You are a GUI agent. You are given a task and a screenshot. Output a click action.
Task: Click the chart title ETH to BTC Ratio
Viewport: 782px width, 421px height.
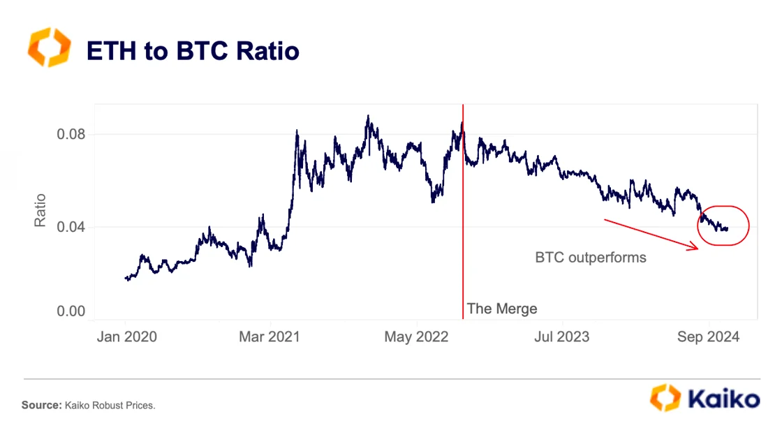(x=192, y=50)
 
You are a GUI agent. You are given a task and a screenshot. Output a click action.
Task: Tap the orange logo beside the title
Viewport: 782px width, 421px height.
(x=49, y=47)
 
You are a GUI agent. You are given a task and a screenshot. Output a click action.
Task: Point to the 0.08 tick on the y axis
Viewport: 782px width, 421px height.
(x=71, y=134)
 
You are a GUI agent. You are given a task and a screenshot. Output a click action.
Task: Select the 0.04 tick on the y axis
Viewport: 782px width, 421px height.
(x=71, y=227)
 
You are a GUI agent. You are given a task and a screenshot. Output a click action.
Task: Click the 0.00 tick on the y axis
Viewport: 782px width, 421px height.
(x=71, y=311)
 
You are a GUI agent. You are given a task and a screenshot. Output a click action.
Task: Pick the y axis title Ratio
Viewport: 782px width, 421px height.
(x=40, y=210)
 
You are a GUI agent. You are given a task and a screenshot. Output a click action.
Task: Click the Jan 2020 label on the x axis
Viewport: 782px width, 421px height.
(x=126, y=337)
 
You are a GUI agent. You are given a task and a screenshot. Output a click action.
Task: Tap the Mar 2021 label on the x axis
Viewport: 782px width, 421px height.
(x=269, y=337)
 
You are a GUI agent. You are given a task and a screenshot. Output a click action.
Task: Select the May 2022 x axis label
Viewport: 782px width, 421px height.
(x=416, y=337)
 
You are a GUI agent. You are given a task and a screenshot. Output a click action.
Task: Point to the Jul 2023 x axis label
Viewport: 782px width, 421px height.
(x=561, y=337)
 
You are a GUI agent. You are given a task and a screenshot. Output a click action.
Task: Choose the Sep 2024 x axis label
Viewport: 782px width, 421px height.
(x=708, y=337)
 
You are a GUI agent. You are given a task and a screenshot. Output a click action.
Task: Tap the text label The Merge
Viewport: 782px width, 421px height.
(x=501, y=309)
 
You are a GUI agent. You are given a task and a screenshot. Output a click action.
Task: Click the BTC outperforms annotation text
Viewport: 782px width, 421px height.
(x=591, y=258)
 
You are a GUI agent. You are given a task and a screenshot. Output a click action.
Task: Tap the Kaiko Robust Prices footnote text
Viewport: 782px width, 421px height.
(x=109, y=405)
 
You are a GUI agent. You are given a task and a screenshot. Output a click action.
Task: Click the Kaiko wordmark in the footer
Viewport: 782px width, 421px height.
(x=723, y=399)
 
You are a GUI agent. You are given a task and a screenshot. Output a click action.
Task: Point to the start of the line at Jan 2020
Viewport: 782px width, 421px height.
(x=126, y=278)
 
